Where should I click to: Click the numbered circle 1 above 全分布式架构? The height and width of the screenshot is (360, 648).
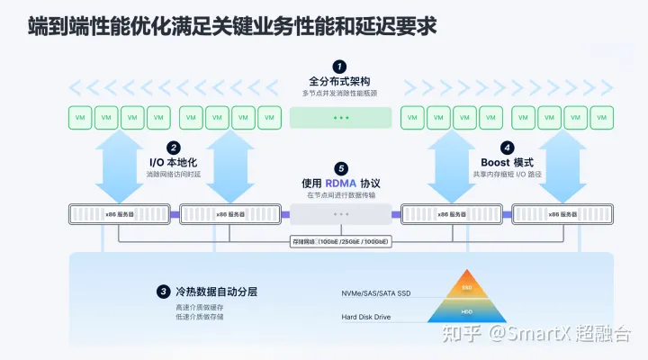(339, 67)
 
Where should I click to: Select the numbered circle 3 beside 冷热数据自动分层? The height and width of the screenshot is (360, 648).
(163, 292)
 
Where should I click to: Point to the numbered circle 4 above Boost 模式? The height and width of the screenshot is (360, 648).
(508, 148)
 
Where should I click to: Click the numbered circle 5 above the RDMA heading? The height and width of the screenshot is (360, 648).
(340, 167)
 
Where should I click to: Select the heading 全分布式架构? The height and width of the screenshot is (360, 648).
(339, 82)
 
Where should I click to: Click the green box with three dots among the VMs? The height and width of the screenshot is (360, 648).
(340, 118)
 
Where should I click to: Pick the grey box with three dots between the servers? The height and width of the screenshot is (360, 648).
(340, 213)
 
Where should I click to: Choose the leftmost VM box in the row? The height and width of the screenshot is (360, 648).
(81, 118)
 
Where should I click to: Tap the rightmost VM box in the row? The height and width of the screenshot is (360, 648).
(601, 118)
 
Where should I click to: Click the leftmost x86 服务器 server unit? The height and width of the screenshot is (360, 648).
(121, 213)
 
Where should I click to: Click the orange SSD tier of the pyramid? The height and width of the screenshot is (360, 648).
(465, 286)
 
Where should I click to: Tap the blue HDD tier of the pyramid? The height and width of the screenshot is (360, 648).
(465, 310)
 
